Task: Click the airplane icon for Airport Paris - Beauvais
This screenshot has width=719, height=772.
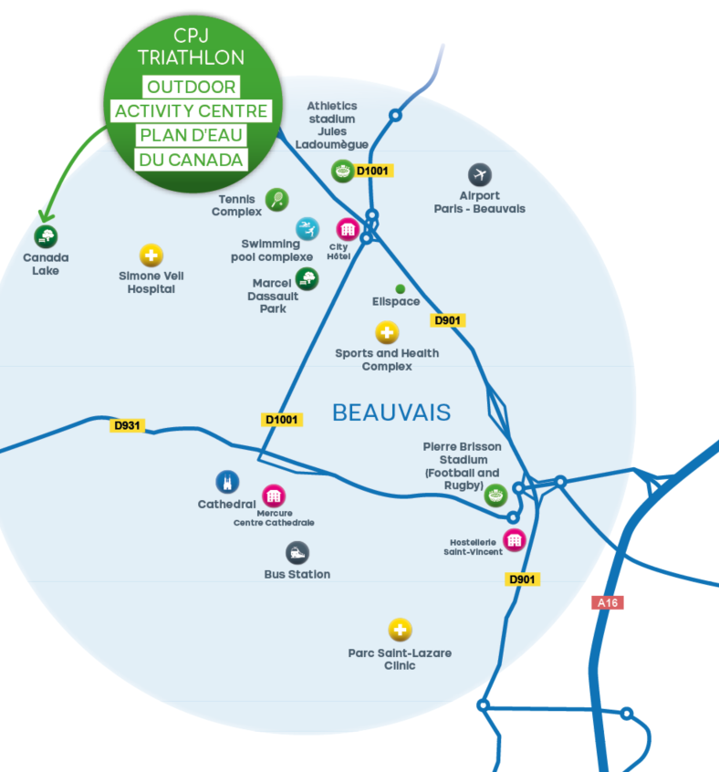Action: (480, 174)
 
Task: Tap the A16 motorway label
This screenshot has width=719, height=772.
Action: (607, 602)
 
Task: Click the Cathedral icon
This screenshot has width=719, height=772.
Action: (226, 482)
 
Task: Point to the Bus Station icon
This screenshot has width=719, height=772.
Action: (297, 552)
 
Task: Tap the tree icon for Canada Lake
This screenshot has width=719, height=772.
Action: (47, 236)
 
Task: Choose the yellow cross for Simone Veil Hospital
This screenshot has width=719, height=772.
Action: (151, 255)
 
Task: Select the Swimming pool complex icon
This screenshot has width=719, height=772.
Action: (307, 227)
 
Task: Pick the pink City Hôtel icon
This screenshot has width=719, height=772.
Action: (347, 229)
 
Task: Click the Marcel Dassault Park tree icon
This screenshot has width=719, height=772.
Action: (307, 277)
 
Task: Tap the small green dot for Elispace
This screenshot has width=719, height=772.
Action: (400, 288)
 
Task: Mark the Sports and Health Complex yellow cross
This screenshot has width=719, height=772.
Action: (387, 333)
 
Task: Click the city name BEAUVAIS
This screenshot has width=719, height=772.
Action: (391, 412)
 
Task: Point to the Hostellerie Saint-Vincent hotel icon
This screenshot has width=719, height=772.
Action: (515, 539)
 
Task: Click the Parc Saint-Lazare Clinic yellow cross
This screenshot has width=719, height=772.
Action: (400, 630)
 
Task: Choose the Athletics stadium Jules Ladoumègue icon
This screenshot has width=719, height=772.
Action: (342, 170)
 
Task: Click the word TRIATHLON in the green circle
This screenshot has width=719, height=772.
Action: (192, 57)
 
